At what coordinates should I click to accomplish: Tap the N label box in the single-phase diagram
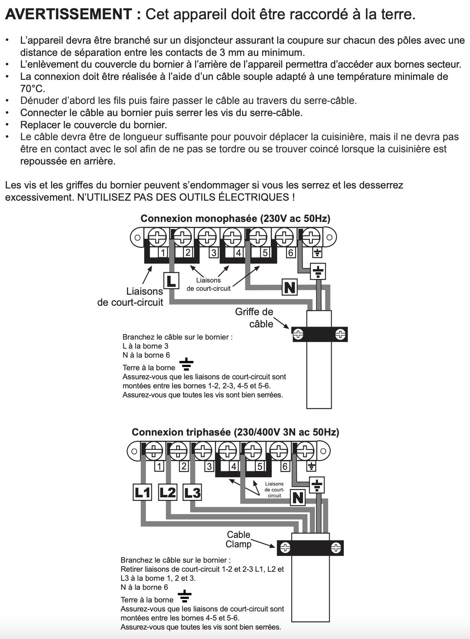290,288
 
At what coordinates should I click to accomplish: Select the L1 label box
142,492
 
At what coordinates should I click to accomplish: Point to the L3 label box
192,492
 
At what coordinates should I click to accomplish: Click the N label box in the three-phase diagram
297,498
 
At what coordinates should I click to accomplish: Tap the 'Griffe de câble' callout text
255,318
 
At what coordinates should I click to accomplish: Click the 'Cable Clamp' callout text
239,539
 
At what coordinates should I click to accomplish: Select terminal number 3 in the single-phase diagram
213,252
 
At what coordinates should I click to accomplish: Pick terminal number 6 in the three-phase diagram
285,466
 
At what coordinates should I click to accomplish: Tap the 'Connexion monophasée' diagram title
235,219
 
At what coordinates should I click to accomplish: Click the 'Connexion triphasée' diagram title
235,432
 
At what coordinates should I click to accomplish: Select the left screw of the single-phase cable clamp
299,334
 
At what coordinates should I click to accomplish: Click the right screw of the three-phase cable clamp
336,547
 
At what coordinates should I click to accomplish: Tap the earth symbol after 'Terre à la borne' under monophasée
187,365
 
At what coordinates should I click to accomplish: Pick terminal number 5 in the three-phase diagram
259,466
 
